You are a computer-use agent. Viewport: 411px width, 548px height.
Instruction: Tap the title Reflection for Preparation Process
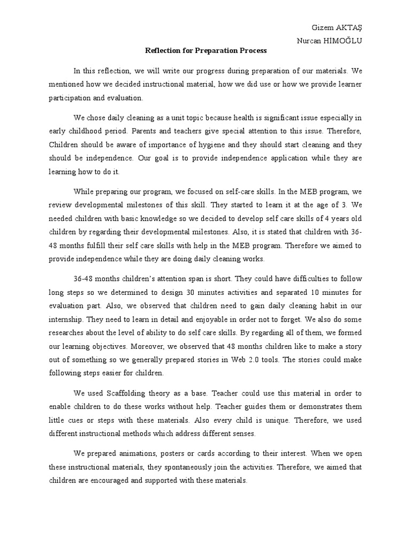206,51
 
